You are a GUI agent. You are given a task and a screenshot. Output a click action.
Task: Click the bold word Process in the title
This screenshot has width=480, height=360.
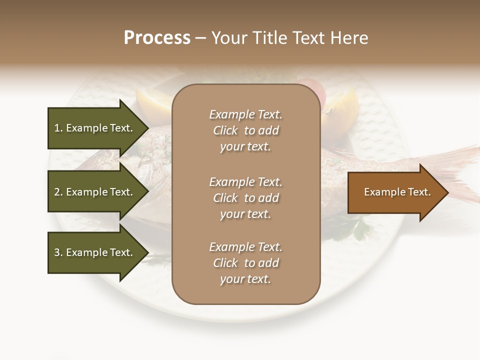click(x=157, y=37)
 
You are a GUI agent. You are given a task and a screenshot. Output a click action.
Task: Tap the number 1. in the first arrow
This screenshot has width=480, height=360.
click(x=58, y=128)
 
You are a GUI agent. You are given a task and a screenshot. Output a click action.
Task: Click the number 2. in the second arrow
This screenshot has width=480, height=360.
click(x=58, y=192)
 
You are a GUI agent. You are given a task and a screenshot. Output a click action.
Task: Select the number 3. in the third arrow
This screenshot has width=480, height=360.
click(x=58, y=252)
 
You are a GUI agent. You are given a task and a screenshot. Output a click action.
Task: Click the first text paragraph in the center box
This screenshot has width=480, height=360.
click(x=245, y=130)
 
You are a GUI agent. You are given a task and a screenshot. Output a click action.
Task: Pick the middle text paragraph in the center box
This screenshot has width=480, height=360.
click(x=245, y=198)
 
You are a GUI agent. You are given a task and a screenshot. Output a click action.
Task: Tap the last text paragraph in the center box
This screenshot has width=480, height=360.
click(x=245, y=263)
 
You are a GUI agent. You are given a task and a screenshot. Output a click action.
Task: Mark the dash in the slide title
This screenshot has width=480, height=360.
click(x=200, y=38)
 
